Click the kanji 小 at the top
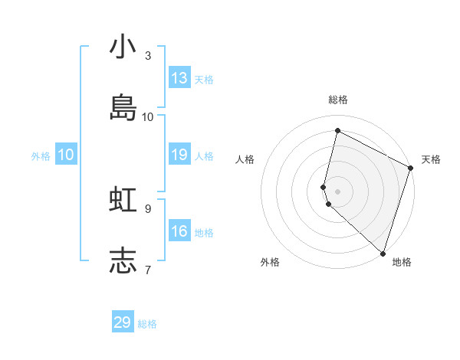123,48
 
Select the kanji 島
123,108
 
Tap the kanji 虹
123,200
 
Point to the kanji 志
123,260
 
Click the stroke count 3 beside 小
148,56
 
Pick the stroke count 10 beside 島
148,116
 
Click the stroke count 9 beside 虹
148,208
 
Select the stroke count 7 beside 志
148,269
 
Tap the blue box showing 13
179,77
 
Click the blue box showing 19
179,154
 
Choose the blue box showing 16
179,231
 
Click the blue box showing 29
123,322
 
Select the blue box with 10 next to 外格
66,154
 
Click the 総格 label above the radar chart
338,100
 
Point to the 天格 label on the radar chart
431,159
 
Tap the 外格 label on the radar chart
270,262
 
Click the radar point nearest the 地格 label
383,253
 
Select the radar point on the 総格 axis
337,131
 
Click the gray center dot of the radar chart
337,191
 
